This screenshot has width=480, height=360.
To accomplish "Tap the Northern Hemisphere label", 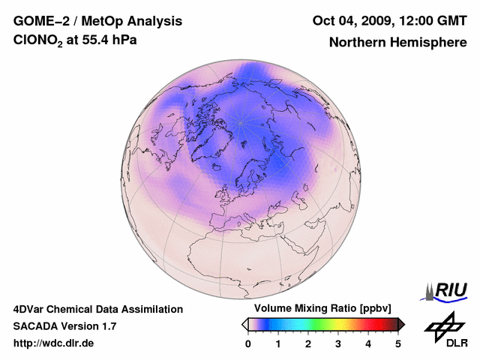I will click(397, 42).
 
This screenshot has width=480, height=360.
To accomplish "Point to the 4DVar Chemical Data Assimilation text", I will click(97, 309).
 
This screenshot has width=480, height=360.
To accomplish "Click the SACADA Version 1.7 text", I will click(64, 326).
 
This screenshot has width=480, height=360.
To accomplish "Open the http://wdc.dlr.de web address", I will click(54, 343).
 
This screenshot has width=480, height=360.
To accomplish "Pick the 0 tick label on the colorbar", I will click(248, 343).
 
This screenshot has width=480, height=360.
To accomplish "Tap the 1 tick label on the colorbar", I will click(278, 343).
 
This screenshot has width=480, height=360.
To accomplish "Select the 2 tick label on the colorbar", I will click(308, 343).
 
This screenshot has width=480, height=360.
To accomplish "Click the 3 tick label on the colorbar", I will click(338, 343).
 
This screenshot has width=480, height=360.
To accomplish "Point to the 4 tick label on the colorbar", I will click(368, 343).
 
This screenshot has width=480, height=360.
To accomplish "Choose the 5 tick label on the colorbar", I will click(398, 343).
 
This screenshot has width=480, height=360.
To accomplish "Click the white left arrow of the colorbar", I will click(245, 324).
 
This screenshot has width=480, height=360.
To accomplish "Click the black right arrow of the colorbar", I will click(401, 324).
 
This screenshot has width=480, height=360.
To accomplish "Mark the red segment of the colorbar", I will click(367, 324).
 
